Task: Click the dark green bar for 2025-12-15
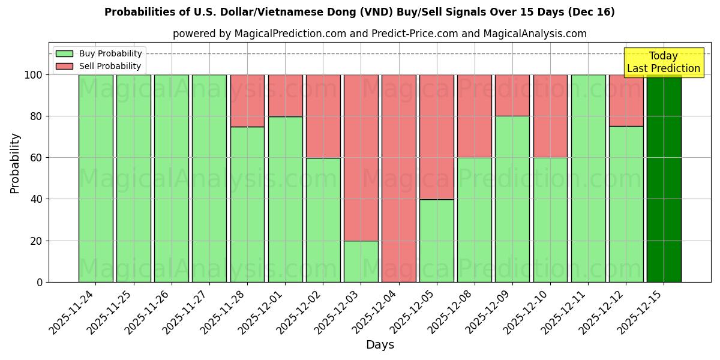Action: tap(664, 178)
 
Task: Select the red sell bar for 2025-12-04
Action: tap(399, 178)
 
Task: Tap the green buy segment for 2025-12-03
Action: tap(361, 261)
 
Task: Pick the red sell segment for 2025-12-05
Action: tap(437, 137)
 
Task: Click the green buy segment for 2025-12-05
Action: tap(437, 241)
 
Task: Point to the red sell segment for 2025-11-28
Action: tap(247, 100)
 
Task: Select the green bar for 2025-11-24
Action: tap(96, 178)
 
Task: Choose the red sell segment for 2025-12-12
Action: tap(626, 100)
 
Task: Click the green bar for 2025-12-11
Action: tap(588, 178)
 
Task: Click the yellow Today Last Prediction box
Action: tap(663, 62)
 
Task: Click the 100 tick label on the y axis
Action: tap(33, 75)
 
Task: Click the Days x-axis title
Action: tap(380, 345)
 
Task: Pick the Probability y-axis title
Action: tap(15, 163)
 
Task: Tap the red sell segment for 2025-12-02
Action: tap(323, 116)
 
